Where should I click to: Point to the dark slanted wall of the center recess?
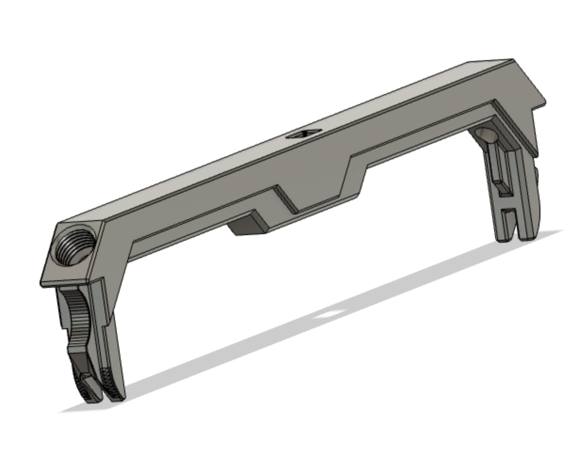pyautogui.click(x=287, y=200)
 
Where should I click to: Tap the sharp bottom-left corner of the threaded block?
pyautogui.click(x=41, y=284)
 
